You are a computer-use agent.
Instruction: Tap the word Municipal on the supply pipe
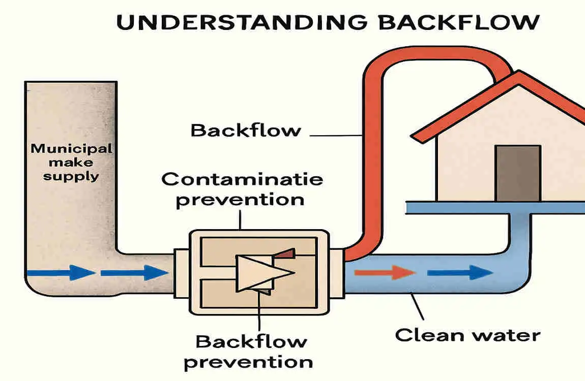(x=71, y=149)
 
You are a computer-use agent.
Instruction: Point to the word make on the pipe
(x=71, y=163)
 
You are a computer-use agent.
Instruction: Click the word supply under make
(x=71, y=176)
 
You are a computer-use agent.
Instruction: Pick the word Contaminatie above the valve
(x=242, y=179)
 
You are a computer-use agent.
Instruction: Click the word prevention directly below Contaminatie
(x=240, y=199)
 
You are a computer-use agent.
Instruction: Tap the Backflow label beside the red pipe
(x=246, y=131)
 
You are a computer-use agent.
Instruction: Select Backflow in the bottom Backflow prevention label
(x=251, y=341)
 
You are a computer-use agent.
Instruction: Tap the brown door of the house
(x=518, y=173)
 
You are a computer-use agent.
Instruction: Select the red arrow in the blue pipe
(x=384, y=273)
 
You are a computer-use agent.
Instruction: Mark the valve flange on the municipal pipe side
(x=182, y=273)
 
